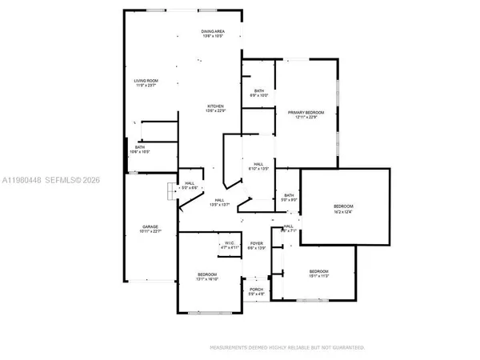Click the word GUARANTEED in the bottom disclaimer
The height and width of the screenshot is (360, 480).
click(346, 348)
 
